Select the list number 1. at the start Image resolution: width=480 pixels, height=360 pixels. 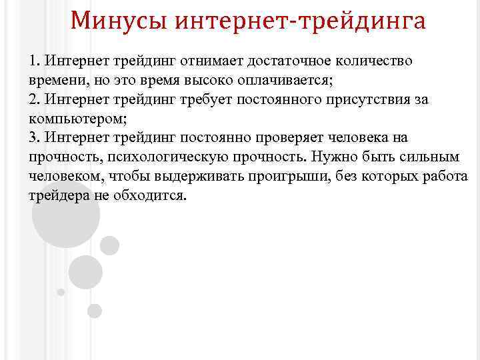34,61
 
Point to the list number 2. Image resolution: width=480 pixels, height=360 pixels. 34,100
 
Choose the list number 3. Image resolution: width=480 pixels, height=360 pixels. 34,138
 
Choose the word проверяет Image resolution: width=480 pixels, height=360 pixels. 291,138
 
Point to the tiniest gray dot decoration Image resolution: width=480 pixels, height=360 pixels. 61,292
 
